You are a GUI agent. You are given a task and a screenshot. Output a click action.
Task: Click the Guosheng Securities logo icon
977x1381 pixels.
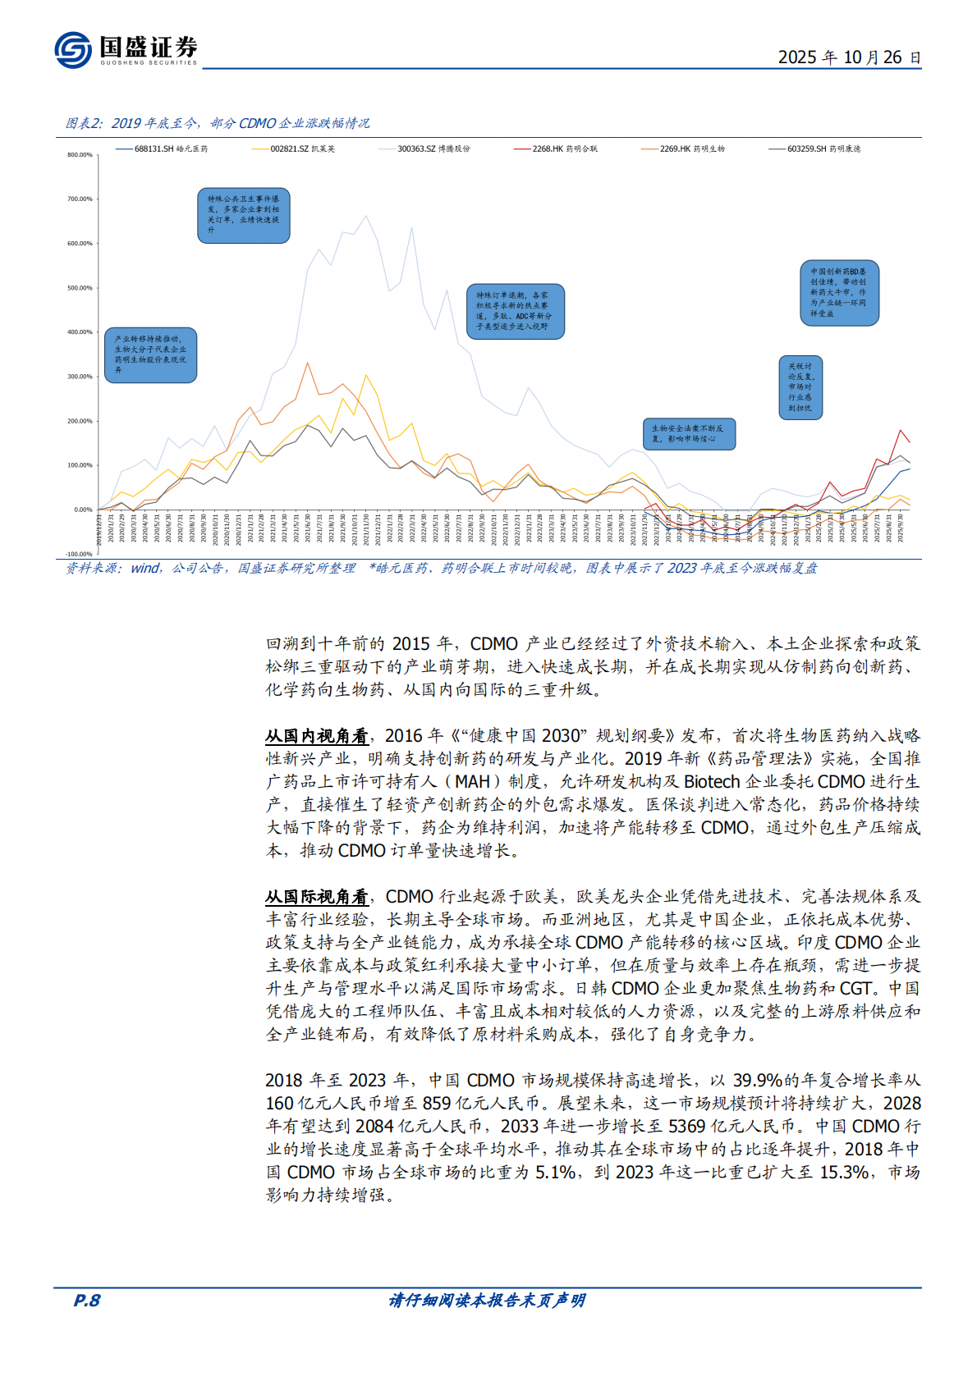[x=72, y=50]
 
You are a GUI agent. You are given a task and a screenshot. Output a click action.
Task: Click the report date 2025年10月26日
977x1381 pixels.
[x=849, y=57]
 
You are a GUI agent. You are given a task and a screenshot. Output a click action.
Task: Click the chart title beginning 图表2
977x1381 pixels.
[x=218, y=123]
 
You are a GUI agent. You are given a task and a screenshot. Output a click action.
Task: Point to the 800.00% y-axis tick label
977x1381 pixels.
[x=80, y=155]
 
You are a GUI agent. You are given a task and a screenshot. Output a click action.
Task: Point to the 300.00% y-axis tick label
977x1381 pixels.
[x=80, y=377]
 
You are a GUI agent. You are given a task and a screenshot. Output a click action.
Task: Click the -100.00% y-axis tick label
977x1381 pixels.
[x=79, y=554]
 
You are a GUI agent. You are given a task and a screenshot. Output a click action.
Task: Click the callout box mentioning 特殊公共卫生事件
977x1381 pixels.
[x=243, y=215]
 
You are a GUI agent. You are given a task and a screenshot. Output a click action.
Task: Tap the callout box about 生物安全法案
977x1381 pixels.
[x=688, y=433]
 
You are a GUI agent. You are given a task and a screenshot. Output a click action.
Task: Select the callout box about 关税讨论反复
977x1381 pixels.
[x=800, y=387]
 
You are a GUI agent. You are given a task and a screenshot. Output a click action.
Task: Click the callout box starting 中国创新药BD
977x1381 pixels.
[x=839, y=292]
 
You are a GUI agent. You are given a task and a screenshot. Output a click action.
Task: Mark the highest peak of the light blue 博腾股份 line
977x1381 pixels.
[x=366, y=217]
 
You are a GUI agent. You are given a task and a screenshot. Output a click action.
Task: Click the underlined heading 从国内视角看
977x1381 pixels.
[x=316, y=736]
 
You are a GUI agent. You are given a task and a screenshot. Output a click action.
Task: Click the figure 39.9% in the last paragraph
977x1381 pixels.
[x=758, y=1081]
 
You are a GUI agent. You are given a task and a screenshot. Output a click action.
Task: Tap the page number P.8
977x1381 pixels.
[x=87, y=1300]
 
